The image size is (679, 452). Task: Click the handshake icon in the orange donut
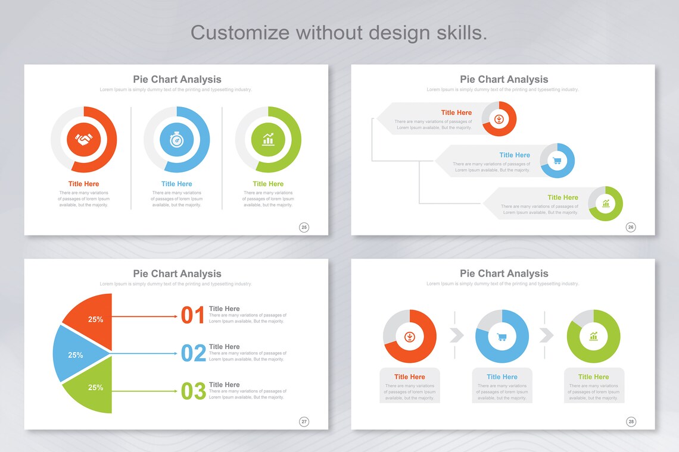pos(84,140)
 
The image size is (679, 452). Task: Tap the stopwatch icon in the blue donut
pos(176,140)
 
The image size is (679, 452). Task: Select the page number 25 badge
pos(304,227)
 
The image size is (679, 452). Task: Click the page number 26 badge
pos(631,227)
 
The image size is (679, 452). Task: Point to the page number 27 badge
pos(304,422)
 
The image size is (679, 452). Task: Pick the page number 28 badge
pos(631,422)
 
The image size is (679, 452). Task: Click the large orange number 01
pos(193,315)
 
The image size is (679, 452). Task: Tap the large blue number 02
pos(193,353)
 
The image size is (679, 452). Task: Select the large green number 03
pos(193,391)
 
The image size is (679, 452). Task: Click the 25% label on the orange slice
pos(95,319)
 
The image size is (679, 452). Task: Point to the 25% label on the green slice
pos(95,387)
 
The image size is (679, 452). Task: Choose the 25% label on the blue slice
pos(76,355)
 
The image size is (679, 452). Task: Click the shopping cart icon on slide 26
pos(557,161)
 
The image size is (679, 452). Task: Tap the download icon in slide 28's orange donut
pos(410,337)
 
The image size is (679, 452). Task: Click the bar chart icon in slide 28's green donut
pos(594,337)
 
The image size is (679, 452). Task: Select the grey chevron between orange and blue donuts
pos(456,335)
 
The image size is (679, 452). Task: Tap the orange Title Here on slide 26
pos(456,112)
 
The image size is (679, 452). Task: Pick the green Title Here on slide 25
pos(268,184)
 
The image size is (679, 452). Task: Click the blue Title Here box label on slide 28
pos(502,376)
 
